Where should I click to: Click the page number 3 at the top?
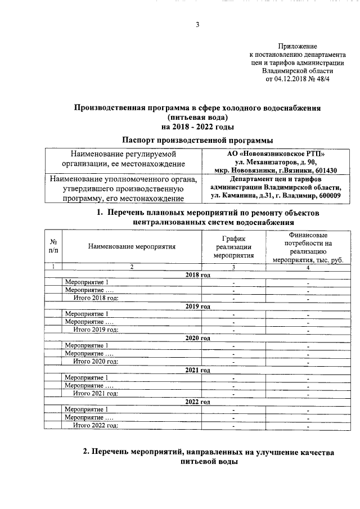tap(197, 24)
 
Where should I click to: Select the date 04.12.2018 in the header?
tap(292, 79)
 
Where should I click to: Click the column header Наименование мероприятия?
tap(131, 246)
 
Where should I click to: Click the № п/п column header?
tap(53, 246)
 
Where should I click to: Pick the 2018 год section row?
tap(197, 274)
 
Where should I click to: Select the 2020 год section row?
tap(197, 337)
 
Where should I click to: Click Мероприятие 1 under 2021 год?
tap(87, 377)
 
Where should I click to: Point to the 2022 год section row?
tap(197, 402)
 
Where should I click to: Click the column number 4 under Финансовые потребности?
tap(308, 267)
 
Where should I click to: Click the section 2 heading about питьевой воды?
tap(208, 457)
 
